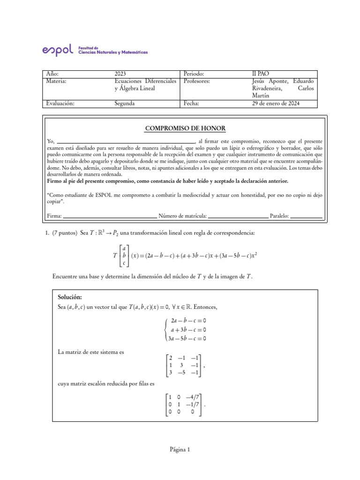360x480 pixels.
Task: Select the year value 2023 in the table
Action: tap(120, 74)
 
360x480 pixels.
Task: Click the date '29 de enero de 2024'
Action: tap(276, 104)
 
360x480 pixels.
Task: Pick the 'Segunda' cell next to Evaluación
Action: tap(125, 104)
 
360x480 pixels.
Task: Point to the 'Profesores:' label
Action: tap(196, 81)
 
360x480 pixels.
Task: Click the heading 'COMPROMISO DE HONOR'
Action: tap(180, 128)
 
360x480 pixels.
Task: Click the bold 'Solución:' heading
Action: tap(70, 297)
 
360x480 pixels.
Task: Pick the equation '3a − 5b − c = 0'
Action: tap(187, 339)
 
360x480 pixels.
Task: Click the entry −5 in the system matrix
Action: tap(181, 373)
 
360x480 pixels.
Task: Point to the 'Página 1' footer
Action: tap(180, 450)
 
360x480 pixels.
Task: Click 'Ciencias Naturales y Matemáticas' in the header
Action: tap(112, 52)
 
